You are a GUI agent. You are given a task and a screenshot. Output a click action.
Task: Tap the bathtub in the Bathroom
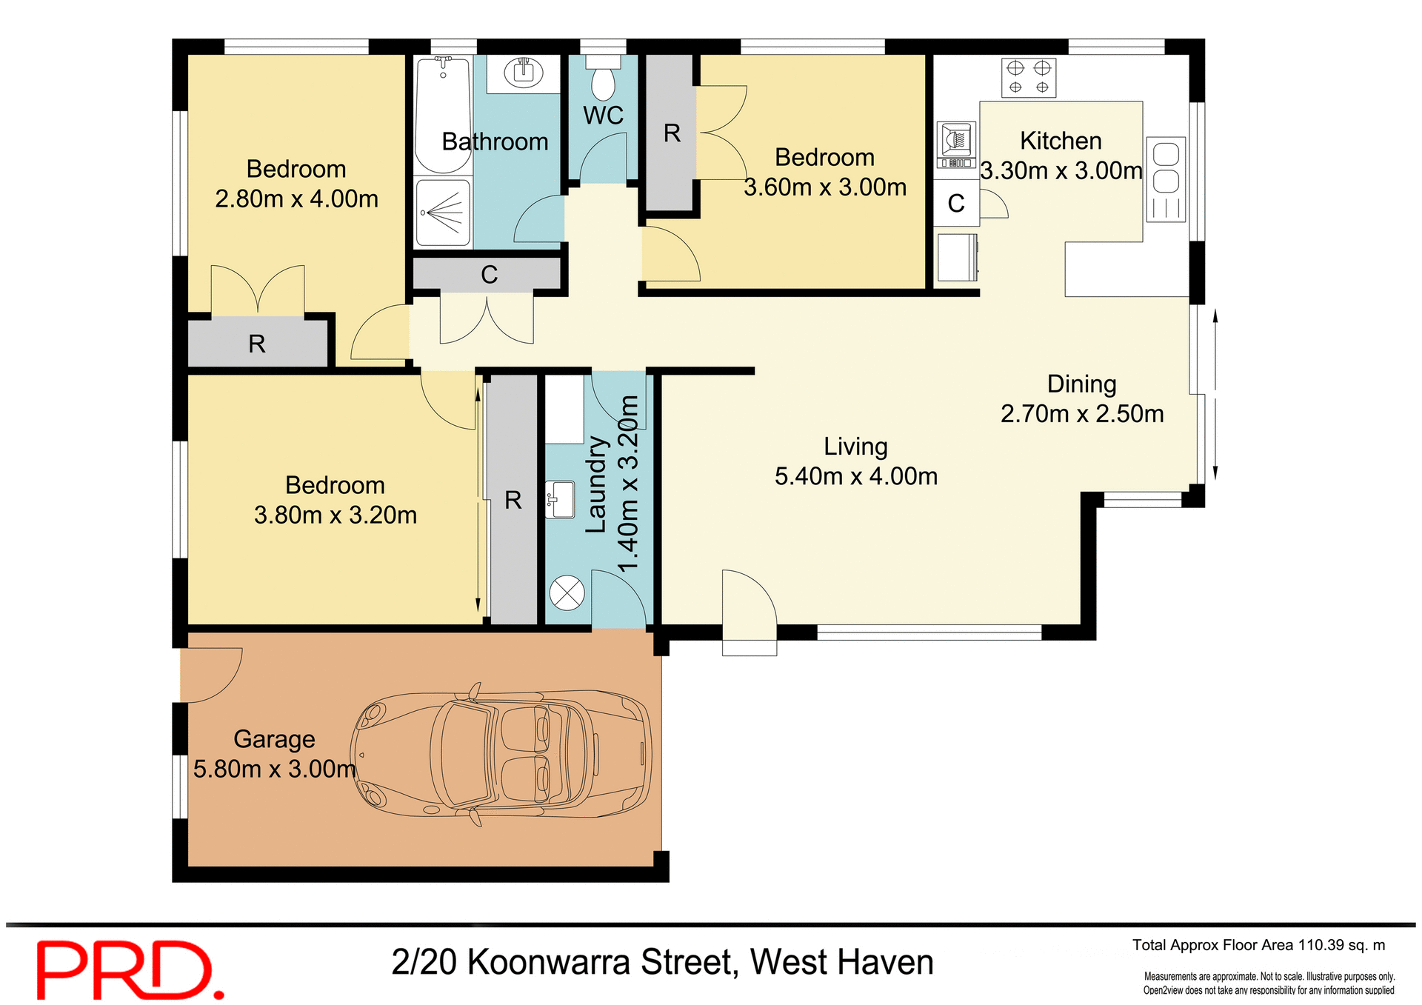[443, 115]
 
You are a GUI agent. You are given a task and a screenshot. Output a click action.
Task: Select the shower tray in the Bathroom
[443, 213]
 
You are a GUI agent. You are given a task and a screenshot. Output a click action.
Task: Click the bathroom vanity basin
[524, 73]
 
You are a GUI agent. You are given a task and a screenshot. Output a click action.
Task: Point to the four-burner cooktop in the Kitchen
[1029, 78]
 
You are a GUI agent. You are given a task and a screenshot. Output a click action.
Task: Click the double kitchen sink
[1166, 178]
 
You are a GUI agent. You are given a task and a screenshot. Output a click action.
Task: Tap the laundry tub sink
[561, 499]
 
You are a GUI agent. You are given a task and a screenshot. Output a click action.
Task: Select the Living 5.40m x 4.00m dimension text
[856, 476]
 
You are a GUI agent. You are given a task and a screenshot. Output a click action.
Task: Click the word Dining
[1081, 384]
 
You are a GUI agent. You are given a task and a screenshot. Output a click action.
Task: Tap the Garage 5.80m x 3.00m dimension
[274, 769]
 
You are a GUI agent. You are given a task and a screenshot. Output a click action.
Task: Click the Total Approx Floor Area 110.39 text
[1258, 945]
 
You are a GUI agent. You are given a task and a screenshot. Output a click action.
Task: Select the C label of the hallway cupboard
[489, 275]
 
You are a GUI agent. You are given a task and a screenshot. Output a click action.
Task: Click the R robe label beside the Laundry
[513, 500]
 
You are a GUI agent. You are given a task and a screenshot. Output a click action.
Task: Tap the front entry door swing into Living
[748, 600]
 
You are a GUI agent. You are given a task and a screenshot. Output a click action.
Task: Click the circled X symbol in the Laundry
[567, 593]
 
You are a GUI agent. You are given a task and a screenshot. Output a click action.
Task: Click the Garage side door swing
[213, 673]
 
